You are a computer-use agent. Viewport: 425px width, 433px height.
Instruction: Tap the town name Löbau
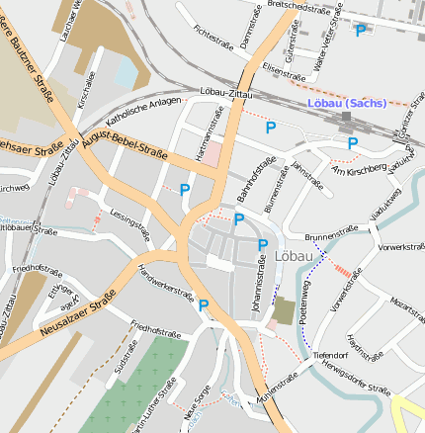[299, 255]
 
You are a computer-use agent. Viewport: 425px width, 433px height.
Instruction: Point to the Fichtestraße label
[213, 38]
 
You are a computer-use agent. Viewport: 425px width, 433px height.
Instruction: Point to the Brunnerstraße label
[331, 233]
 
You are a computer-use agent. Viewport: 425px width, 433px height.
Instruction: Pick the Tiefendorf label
[328, 353]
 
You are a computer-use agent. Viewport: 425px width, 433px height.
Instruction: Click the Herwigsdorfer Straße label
[349, 377]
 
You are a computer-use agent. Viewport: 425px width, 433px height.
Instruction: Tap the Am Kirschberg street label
[359, 171]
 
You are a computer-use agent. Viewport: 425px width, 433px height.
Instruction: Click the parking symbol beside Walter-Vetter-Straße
[360, 31]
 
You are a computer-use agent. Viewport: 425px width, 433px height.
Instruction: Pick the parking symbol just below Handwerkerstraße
[204, 305]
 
